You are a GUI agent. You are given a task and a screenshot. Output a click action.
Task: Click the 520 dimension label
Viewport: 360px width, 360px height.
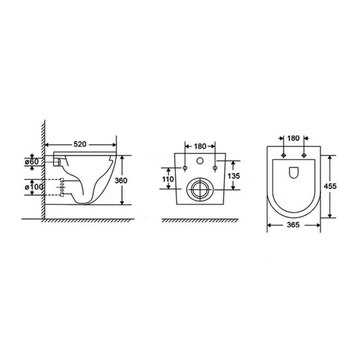click(x=80, y=144)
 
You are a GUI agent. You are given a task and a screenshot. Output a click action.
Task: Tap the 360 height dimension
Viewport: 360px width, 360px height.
click(x=121, y=181)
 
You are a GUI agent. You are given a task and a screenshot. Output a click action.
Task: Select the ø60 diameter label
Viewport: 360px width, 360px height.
click(x=32, y=162)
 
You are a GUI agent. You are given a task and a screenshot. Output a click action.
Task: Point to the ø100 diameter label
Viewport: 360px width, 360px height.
click(x=34, y=187)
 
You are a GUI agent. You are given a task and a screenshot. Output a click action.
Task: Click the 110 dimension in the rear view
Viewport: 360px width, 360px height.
click(x=168, y=179)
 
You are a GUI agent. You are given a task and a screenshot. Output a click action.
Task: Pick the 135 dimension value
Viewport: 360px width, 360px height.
click(x=234, y=176)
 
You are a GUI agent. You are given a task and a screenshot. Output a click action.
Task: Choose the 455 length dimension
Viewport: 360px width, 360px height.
click(x=330, y=186)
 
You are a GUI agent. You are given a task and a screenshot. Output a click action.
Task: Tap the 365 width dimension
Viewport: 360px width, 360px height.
click(x=293, y=225)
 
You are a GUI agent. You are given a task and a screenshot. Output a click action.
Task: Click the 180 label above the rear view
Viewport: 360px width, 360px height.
click(x=200, y=146)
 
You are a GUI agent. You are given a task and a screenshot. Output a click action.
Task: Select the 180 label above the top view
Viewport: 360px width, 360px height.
click(x=293, y=138)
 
